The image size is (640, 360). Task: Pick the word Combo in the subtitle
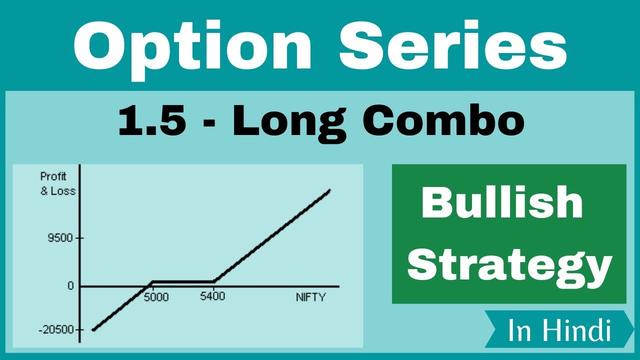click(x=440, y=122)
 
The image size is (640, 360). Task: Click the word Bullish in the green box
click(x=501, y=202)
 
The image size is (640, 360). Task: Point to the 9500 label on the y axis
click(x=56, y=238)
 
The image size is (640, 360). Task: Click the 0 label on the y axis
click(x=69, y=285)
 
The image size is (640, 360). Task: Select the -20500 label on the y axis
click(x=52, y=330)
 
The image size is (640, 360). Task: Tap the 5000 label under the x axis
click(x=156, y=297)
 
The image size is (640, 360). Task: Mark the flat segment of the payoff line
click(x=182, y=282)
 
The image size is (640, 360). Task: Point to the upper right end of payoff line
click(x=329, y=190)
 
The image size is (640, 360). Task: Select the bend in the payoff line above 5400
click(x=214, y=282)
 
